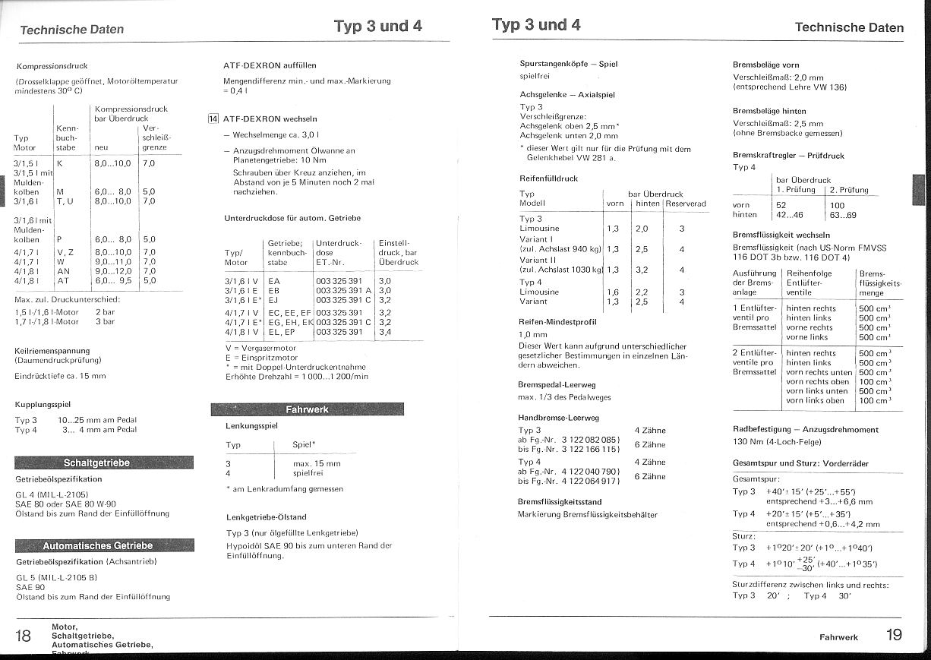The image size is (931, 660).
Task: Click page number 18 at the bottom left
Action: coord(24,636)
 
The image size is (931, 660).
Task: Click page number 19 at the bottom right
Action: coord(893,635)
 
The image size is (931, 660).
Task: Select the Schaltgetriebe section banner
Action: coord(104,463)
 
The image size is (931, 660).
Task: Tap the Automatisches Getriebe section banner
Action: coord(104,545)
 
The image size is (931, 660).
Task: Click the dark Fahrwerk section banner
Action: coord(307,409)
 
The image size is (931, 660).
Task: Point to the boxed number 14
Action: coord(213,118)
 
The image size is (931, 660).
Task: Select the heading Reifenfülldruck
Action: coord(548,178)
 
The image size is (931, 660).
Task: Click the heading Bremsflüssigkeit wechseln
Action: coord(781,235)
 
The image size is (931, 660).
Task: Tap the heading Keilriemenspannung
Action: coord(52,350)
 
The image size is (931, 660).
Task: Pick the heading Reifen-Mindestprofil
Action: coord(557,322)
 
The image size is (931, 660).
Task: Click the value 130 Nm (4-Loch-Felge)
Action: coord(777,442)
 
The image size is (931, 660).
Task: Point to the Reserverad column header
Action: coord(685,204)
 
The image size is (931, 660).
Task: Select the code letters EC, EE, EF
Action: coord(290,312)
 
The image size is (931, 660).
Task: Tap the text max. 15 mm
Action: coord(317,463)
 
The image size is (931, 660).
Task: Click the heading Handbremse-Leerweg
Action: coord(558,418)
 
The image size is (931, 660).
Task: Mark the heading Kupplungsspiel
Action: coord(43,405)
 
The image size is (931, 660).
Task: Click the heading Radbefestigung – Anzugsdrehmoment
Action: coord(805,429)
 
